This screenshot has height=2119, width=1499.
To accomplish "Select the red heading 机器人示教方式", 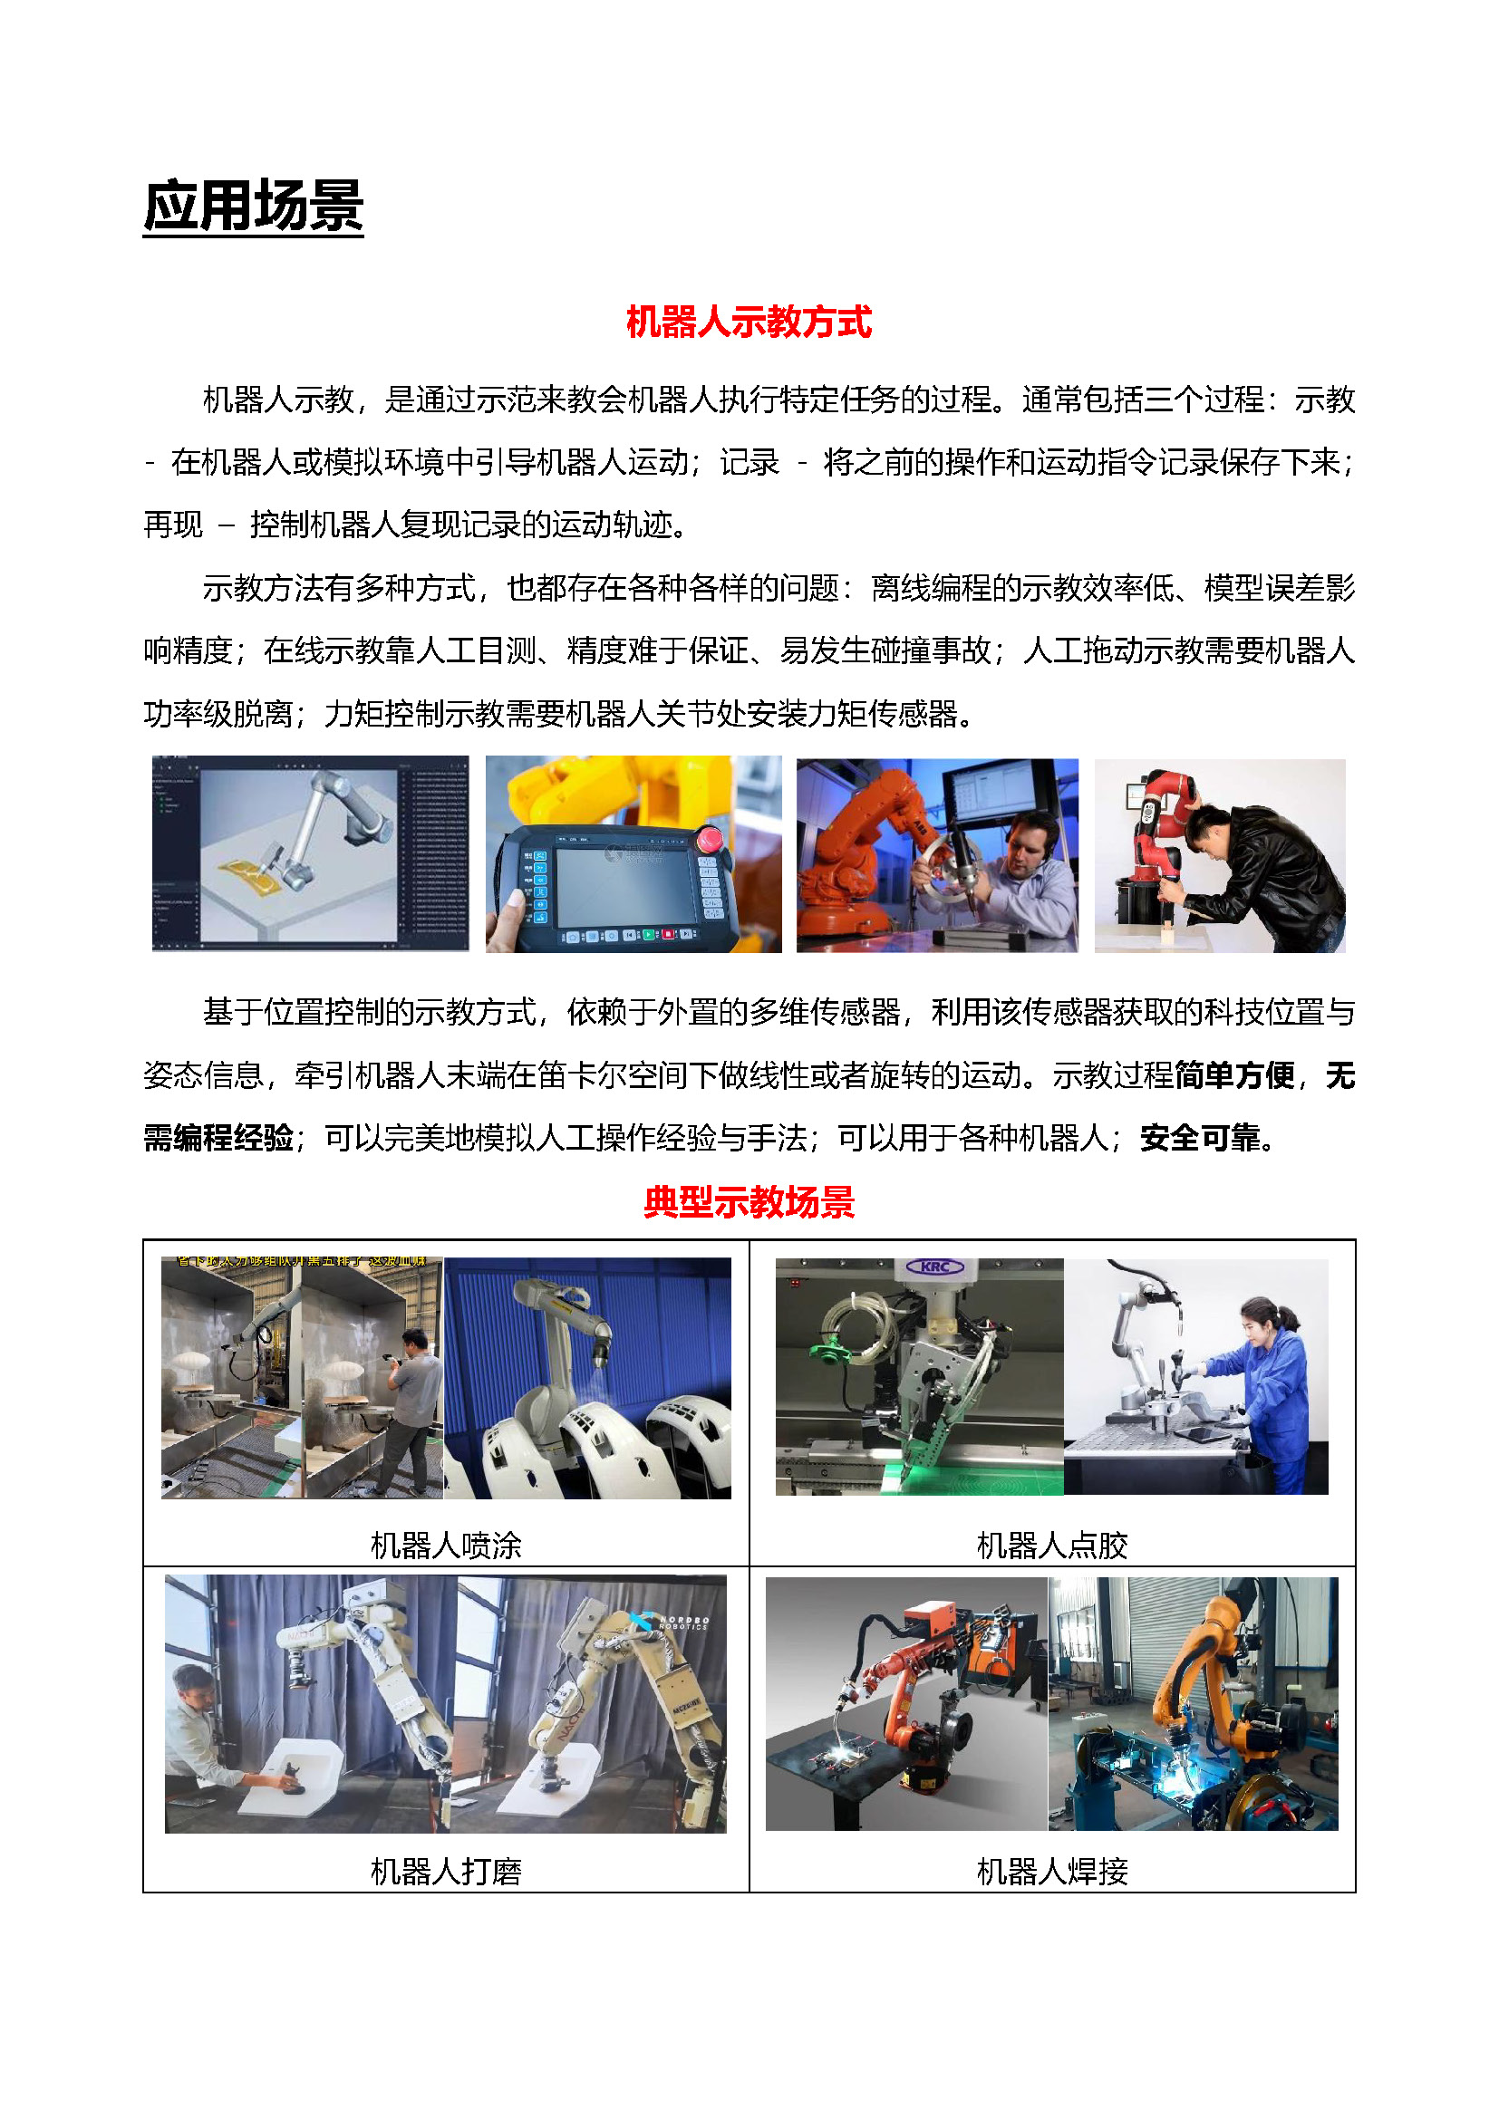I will click(749, 323).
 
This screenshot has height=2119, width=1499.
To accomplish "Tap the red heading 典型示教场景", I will click(749, 1202).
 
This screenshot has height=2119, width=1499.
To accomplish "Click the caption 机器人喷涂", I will click(446, 1545).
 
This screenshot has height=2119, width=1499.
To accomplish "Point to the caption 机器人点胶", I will click(1052, 1545).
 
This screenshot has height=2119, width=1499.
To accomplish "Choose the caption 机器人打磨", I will click(446, 1872).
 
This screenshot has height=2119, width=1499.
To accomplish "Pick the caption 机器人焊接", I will click(1052, 1872).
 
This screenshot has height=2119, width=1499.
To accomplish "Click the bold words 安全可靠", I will click(1200, 1138).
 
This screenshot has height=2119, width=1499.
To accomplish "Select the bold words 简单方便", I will click(1235, 1075).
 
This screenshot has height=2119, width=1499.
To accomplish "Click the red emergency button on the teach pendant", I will click(710, 839).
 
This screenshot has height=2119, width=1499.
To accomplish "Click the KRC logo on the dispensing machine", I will click(936, 1267).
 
